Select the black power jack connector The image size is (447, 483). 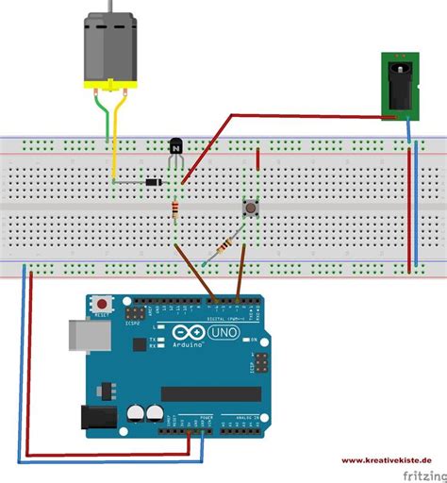coord(395,87)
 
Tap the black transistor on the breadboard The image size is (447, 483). coord(174,147)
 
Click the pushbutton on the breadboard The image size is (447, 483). coord(252,207)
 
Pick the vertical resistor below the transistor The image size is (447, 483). coord(176,209)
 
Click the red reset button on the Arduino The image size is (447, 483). coord(100,305)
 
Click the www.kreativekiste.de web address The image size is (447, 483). coord(382,459)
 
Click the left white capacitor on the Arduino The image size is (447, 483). coord(135,412)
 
